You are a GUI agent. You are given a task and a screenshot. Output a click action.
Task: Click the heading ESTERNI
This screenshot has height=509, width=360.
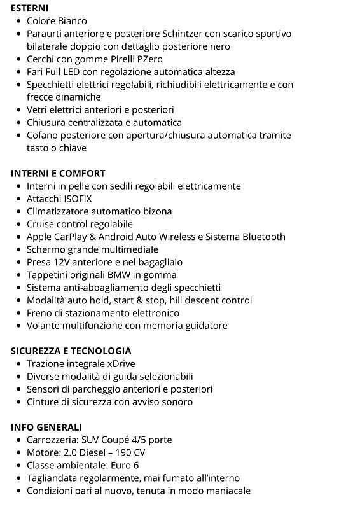pyautogui.click(x=29, y=8)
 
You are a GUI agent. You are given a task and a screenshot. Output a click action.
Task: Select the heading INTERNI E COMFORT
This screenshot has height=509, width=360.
pyautogui.click(x=58, y=173)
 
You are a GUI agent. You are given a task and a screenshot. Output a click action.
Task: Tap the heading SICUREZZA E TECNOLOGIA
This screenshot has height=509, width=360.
pyautogui.click(x=71, y=351)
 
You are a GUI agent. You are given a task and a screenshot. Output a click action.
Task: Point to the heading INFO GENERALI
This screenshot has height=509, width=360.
pyautogui.click(x=46, y=427)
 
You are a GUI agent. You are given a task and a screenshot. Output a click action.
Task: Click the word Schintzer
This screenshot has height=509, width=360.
pyautogui.click(x=187, y=34)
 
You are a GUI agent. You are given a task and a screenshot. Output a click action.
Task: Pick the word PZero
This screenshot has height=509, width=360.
pyautogui.click(x=147, y=59)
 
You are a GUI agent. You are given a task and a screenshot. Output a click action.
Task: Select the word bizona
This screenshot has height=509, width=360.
pyautogui.click(x=156, y=211)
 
